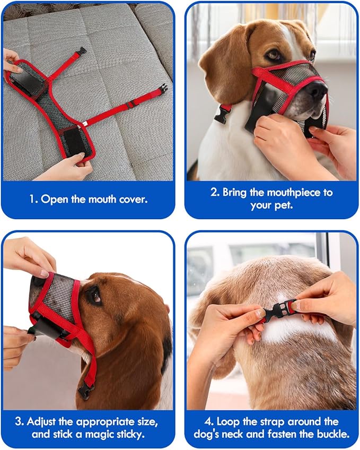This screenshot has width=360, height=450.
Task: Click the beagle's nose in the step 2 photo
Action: click(317, 91)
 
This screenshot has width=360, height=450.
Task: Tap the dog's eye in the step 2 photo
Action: click(274, 55)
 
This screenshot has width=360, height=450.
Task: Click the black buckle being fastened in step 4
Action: click(279, 310)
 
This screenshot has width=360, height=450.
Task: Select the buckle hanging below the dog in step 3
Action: click(85, 392)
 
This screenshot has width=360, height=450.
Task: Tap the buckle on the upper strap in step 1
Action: click(81, 51)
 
